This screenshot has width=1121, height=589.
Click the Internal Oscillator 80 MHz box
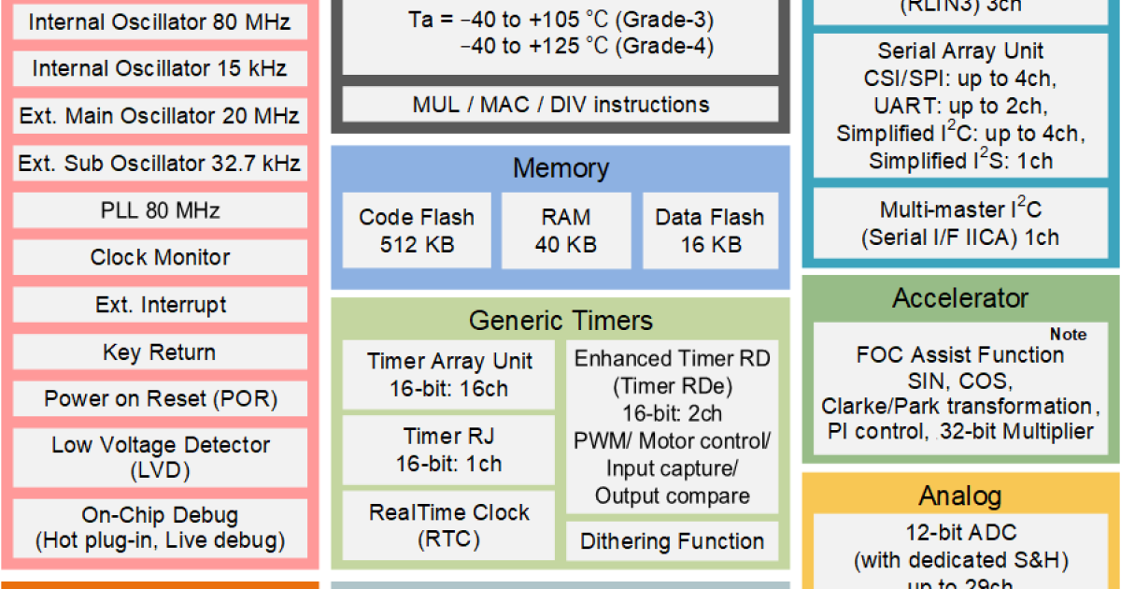tap(160, 22)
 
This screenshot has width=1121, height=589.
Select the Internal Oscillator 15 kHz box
tap(160, 69)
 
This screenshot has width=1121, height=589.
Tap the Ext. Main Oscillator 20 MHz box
tap(160, 117)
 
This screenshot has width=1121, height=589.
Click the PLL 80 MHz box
tap(160, 211)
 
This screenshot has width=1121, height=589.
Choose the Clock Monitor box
tap(160, 258)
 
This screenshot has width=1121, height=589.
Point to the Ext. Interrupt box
tap(160, 306)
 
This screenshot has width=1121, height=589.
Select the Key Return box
tap(160, 353)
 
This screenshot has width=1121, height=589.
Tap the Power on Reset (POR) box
tap(160, 400)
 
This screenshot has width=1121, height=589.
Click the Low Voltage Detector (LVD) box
tap(160, 457)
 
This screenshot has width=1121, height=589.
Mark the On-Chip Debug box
tap(160, 527)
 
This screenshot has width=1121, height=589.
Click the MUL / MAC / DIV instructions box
tap(560, 105)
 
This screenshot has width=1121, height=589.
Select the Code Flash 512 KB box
tap(417, 231)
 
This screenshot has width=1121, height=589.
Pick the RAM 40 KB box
tap(565, 231)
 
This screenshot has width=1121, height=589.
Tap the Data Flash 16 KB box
tap(710, 231)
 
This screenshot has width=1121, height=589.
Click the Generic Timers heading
tap(560, 322)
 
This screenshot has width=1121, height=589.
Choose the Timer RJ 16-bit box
tap(449, 450)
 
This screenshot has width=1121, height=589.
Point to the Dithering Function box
tap(672, 541)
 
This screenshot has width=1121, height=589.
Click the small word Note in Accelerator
tap(1068, 335)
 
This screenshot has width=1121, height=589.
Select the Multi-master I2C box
tap(960, 223)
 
